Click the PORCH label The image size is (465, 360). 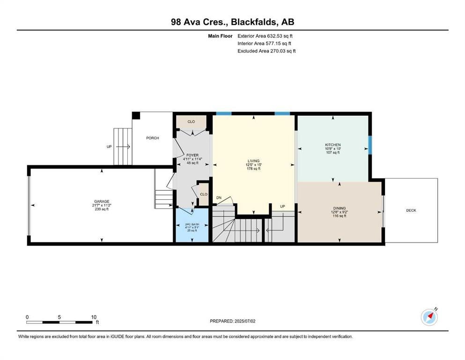(x=153, y=138)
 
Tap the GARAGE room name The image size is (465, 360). (x=102, y=201)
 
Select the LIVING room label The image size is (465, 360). (x=253, y=161)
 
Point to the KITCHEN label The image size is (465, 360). (x=333, y=145)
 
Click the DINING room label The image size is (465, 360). (x=339, y=208)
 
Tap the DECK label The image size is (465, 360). (x=411, y=210)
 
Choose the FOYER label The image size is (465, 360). (x=192, y=155)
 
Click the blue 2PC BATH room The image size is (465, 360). (x=192, y=225)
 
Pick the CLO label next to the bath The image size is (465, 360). (x=204, y=195)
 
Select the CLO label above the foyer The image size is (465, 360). (x=191, y=122)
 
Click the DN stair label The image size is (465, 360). (x=219, y=198)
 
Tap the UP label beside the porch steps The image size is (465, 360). (x=109, y=147)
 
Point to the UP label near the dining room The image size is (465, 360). (x=283, y=206)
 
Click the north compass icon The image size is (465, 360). (x=429, y=317)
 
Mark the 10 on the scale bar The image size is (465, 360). (x=94, y=317)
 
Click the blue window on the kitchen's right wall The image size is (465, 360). (x=370, y=145)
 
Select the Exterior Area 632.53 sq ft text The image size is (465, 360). (x=265, y=36)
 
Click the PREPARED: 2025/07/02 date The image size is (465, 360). (x=232, y=321)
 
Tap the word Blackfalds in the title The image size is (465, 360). (x=254, y=22)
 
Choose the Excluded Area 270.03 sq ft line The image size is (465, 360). (x=266, y=51)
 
